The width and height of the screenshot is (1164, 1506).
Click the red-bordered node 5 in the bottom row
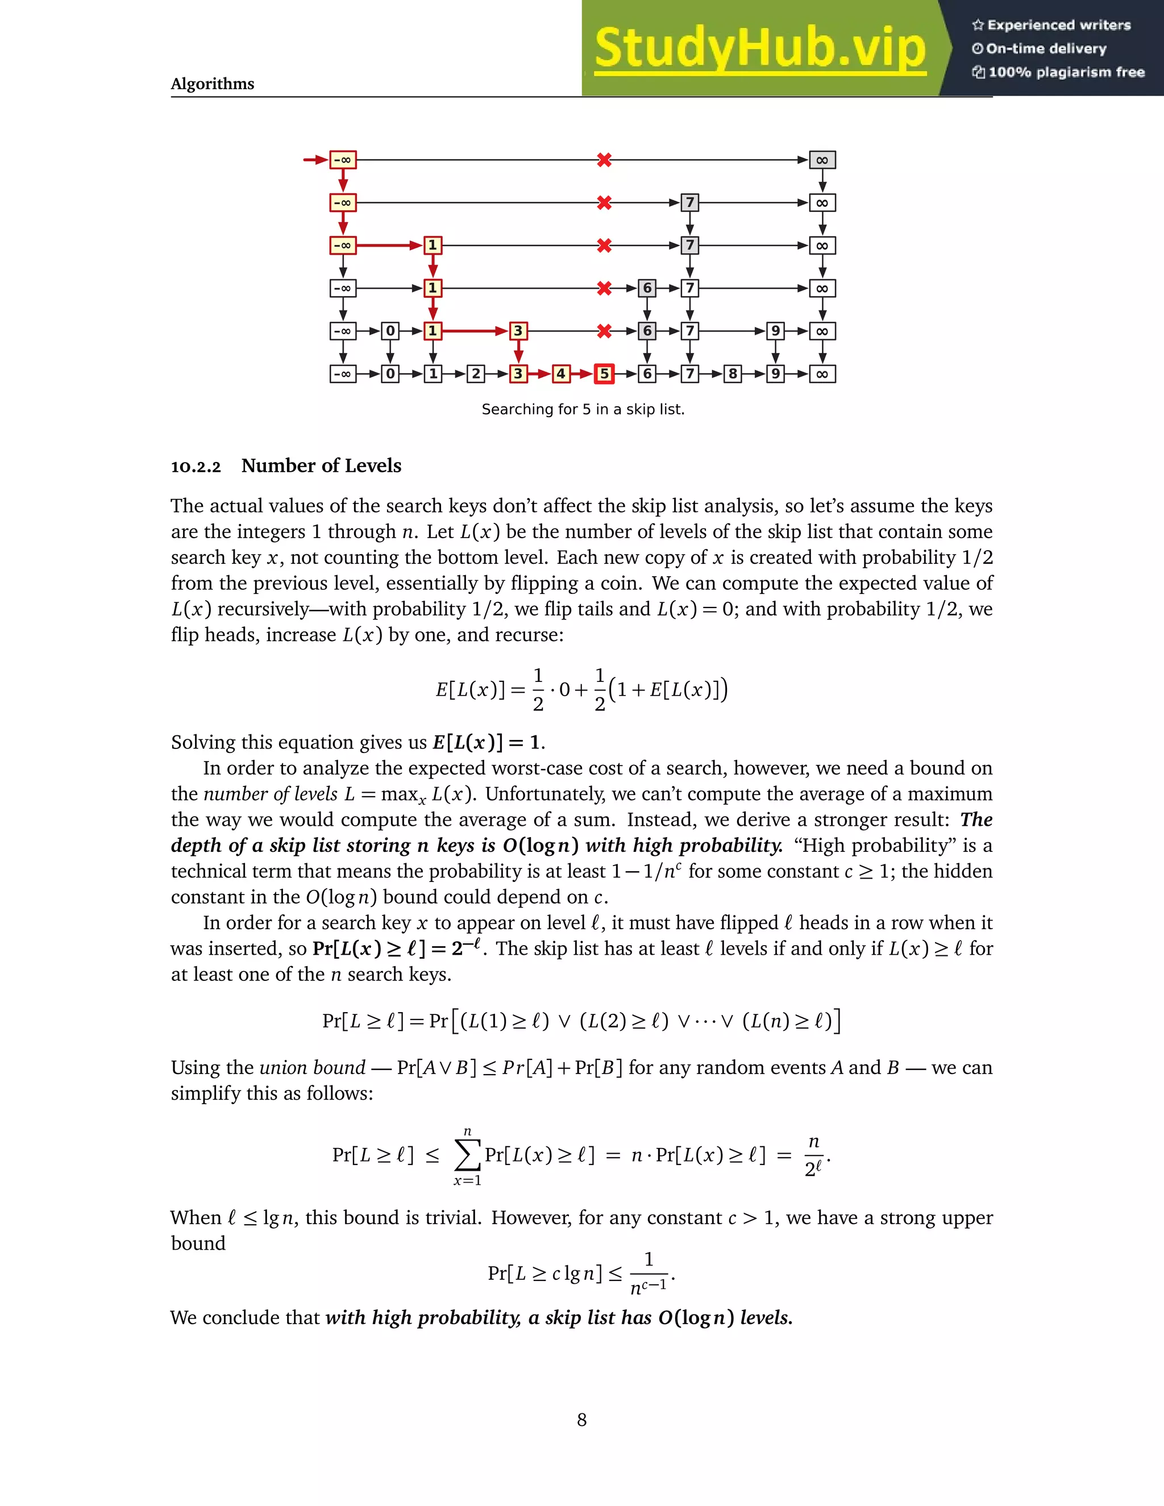coord(604,374)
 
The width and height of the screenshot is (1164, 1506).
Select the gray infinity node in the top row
coord(822,160)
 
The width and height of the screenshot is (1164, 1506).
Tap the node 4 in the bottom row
coord(560,374)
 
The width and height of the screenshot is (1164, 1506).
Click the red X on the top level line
coord(604,160)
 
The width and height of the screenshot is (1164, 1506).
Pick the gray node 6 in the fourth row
coord(647,288)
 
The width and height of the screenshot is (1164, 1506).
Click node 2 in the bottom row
coord(475,374)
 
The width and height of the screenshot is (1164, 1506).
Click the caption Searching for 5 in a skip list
coord(583,409)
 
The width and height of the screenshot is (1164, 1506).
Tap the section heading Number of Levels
coord(321,465)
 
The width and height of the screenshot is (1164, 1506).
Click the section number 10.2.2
coord(196,467)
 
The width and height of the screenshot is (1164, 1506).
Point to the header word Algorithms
coord(213,84)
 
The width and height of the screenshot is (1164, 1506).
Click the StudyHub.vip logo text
coord(760,48)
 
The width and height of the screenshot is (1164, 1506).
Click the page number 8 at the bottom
coord(582,1419)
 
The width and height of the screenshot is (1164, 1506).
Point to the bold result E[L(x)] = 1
coord(488,742)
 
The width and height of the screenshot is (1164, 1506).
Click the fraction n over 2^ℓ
coord(814,1156)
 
